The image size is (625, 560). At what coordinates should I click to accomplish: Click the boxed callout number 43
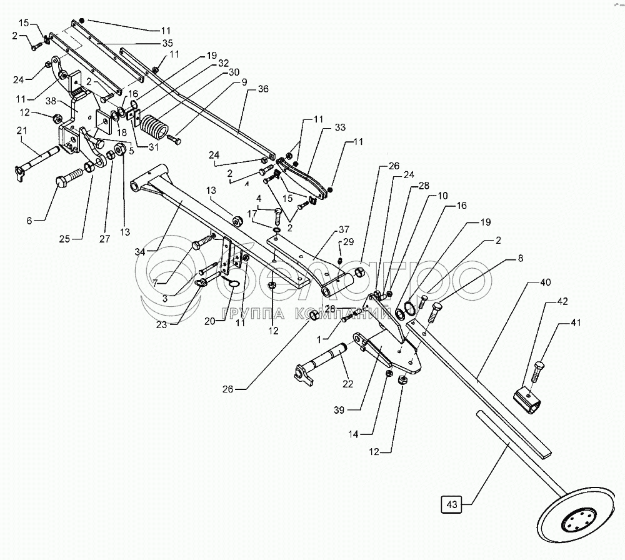[x=452, y=504]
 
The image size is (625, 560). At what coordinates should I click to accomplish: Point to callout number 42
[x=562, y=301]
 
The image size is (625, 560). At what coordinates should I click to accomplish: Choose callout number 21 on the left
[x=21, y=129]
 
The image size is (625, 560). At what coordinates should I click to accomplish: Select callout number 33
[x=339, y=127]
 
